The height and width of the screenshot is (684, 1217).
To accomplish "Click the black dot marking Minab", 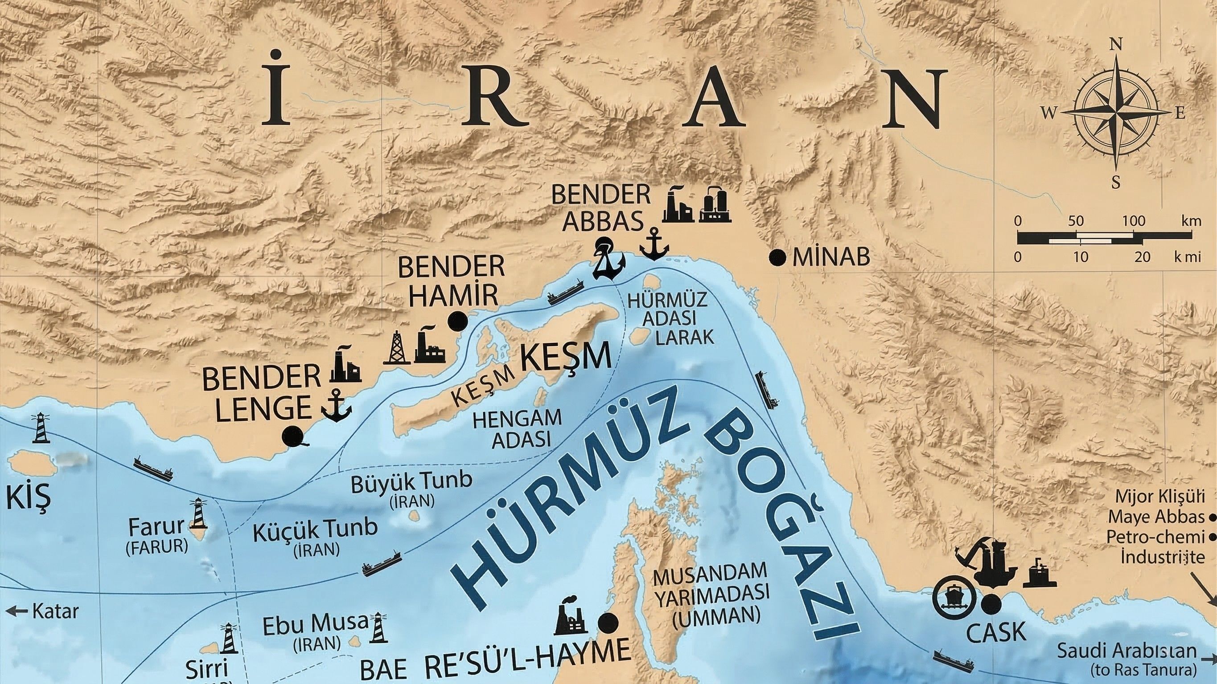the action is [x=777, y=258].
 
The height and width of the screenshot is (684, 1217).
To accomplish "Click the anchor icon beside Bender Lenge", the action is [x=336, y=407].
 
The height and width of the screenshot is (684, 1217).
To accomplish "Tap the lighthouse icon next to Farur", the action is [x=198, y=514].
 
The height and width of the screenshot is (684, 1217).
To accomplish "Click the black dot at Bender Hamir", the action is [x=458, y=322].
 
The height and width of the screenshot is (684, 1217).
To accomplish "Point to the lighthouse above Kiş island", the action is [x=41, y=427].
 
